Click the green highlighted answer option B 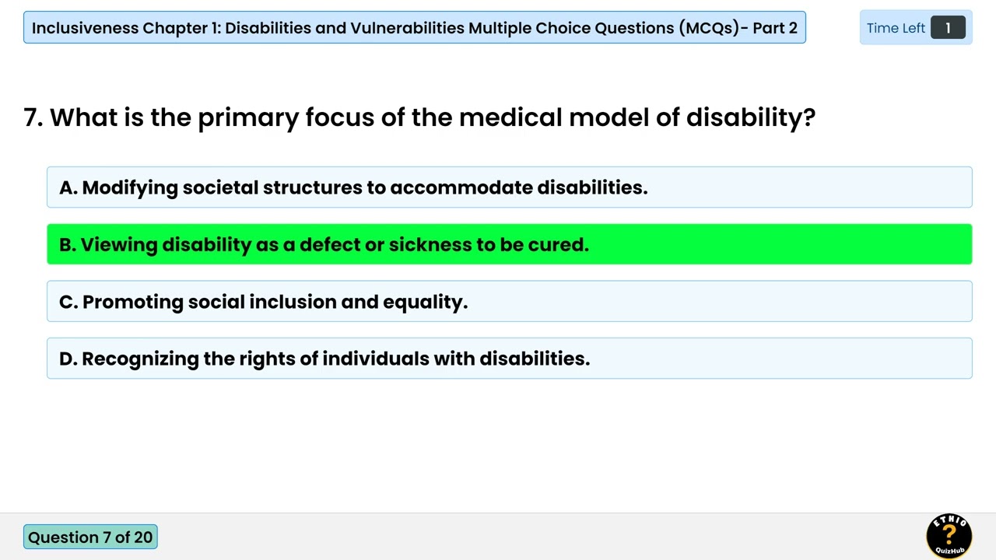tap(509, 244)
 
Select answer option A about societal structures tap(509, 187)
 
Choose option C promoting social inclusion tap(509, 302)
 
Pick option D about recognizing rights tap(509, 359)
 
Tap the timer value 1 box tap(947, 28)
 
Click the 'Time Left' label tap(896, 28)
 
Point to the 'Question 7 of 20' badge tap(90, 537)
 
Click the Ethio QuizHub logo tap(949, 535)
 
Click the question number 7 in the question tap(32, 117)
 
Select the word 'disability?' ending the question tap(750, 117)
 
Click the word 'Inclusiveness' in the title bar tap(85, 28)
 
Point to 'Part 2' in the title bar tap(775, 28)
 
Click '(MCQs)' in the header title tap(708, 28)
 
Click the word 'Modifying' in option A tap(129, 187)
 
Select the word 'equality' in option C tap(423, 302)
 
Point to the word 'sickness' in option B tap(430, 244)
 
